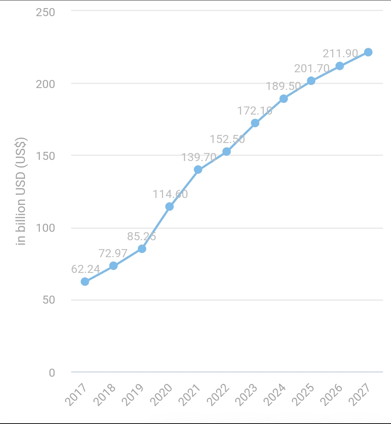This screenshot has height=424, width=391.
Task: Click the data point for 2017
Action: click(85, 281)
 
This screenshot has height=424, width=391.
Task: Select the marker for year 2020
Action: click(170, 206)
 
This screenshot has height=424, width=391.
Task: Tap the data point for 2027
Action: click(368, 52)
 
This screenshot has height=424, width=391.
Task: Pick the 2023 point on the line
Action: click(255, 123)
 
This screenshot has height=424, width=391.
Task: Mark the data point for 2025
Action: click(311, 81)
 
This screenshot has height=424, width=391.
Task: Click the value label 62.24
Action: click(86, 269)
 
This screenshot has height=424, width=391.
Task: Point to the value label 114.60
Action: click(170, 194)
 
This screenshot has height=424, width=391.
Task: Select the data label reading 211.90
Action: click(340, 53)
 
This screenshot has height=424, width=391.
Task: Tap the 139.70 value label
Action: click(199, 157)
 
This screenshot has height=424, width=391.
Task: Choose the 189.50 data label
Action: click(283, 86)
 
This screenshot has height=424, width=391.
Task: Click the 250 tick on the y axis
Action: click(45, 12)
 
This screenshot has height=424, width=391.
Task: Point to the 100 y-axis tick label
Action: click(45, 228)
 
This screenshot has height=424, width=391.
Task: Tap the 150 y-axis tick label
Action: click(45, 156)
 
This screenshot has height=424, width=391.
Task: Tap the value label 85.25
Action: click(142, 236)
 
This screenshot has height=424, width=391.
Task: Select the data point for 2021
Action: click(198, 170)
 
